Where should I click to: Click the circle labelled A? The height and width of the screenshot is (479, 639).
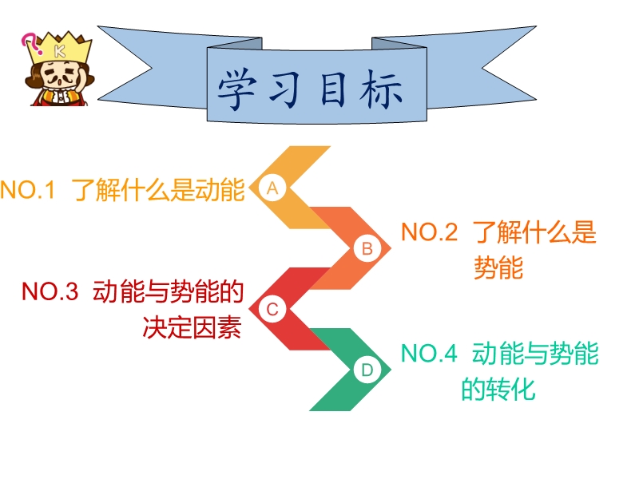click(x=272, y=188)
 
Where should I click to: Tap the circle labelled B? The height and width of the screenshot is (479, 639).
click(x=367, y=248)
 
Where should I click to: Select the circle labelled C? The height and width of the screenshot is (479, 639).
click(x=272, y=309)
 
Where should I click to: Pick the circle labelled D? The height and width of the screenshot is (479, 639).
click(x=367, y=370)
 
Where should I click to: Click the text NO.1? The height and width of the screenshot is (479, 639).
click(x=27, y=191)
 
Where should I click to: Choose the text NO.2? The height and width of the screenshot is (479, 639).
click(x=429, y=233)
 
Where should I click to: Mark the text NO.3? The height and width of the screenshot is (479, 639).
click(x=50, y=292)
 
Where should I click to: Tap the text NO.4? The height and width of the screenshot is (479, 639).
click(x=428, y=354)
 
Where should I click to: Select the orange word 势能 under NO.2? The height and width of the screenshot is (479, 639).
click(x=498, y=268)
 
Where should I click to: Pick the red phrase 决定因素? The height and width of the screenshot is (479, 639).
click(x=192, y=328)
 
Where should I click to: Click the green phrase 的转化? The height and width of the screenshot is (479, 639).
click(x=498, y=390)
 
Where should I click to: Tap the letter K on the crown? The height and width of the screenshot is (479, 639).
click(x=60, y=50)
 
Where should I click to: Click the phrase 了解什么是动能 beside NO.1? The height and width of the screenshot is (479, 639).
click(x=158, y=191)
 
